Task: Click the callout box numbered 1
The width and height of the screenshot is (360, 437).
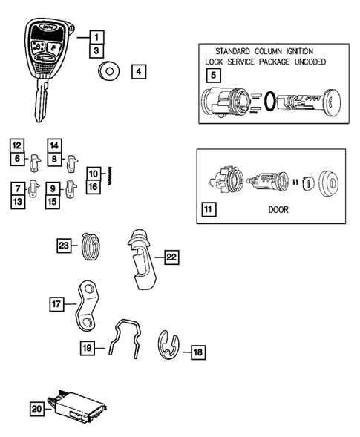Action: tap(96, 36)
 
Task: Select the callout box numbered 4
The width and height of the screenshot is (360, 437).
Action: tap(140, 72)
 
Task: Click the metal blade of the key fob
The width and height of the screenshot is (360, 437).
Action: tap(39, 101)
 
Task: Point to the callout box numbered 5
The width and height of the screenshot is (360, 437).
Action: tap(213, 75)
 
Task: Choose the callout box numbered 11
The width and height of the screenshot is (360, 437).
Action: tap(209, 210)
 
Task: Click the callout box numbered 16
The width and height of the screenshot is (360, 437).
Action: tap(94, 187)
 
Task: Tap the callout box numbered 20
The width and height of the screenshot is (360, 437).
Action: tap(37, 407)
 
